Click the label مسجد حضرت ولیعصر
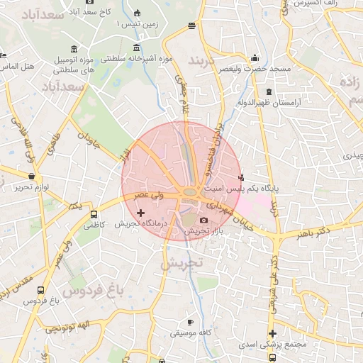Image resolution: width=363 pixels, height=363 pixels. click(x=255, y=69)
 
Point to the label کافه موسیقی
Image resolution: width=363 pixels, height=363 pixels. click(x=189, y=333)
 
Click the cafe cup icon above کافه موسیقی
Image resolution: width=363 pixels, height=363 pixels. click(x=189, y=322)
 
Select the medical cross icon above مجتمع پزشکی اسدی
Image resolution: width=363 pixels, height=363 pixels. click(x=272, y=333)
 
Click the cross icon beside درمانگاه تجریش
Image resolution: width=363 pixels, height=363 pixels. click(x=140, y=212)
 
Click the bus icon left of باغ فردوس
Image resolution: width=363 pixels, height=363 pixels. click(x=40, y=290)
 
